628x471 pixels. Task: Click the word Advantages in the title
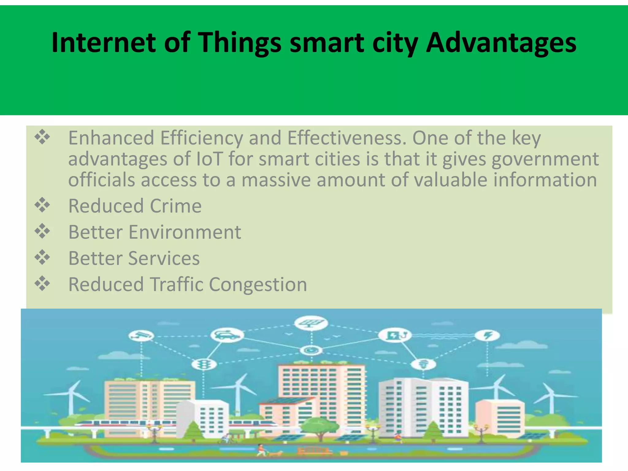501,43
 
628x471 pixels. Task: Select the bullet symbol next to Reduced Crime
42,205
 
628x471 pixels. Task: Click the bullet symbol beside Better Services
42,258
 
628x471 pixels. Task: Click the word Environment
185,232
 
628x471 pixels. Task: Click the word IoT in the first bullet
209,159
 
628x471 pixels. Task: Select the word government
545,159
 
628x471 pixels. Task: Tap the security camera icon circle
141,335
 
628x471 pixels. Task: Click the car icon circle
227,335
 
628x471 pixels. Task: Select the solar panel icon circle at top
311,323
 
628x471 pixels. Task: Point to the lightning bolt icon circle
487,335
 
